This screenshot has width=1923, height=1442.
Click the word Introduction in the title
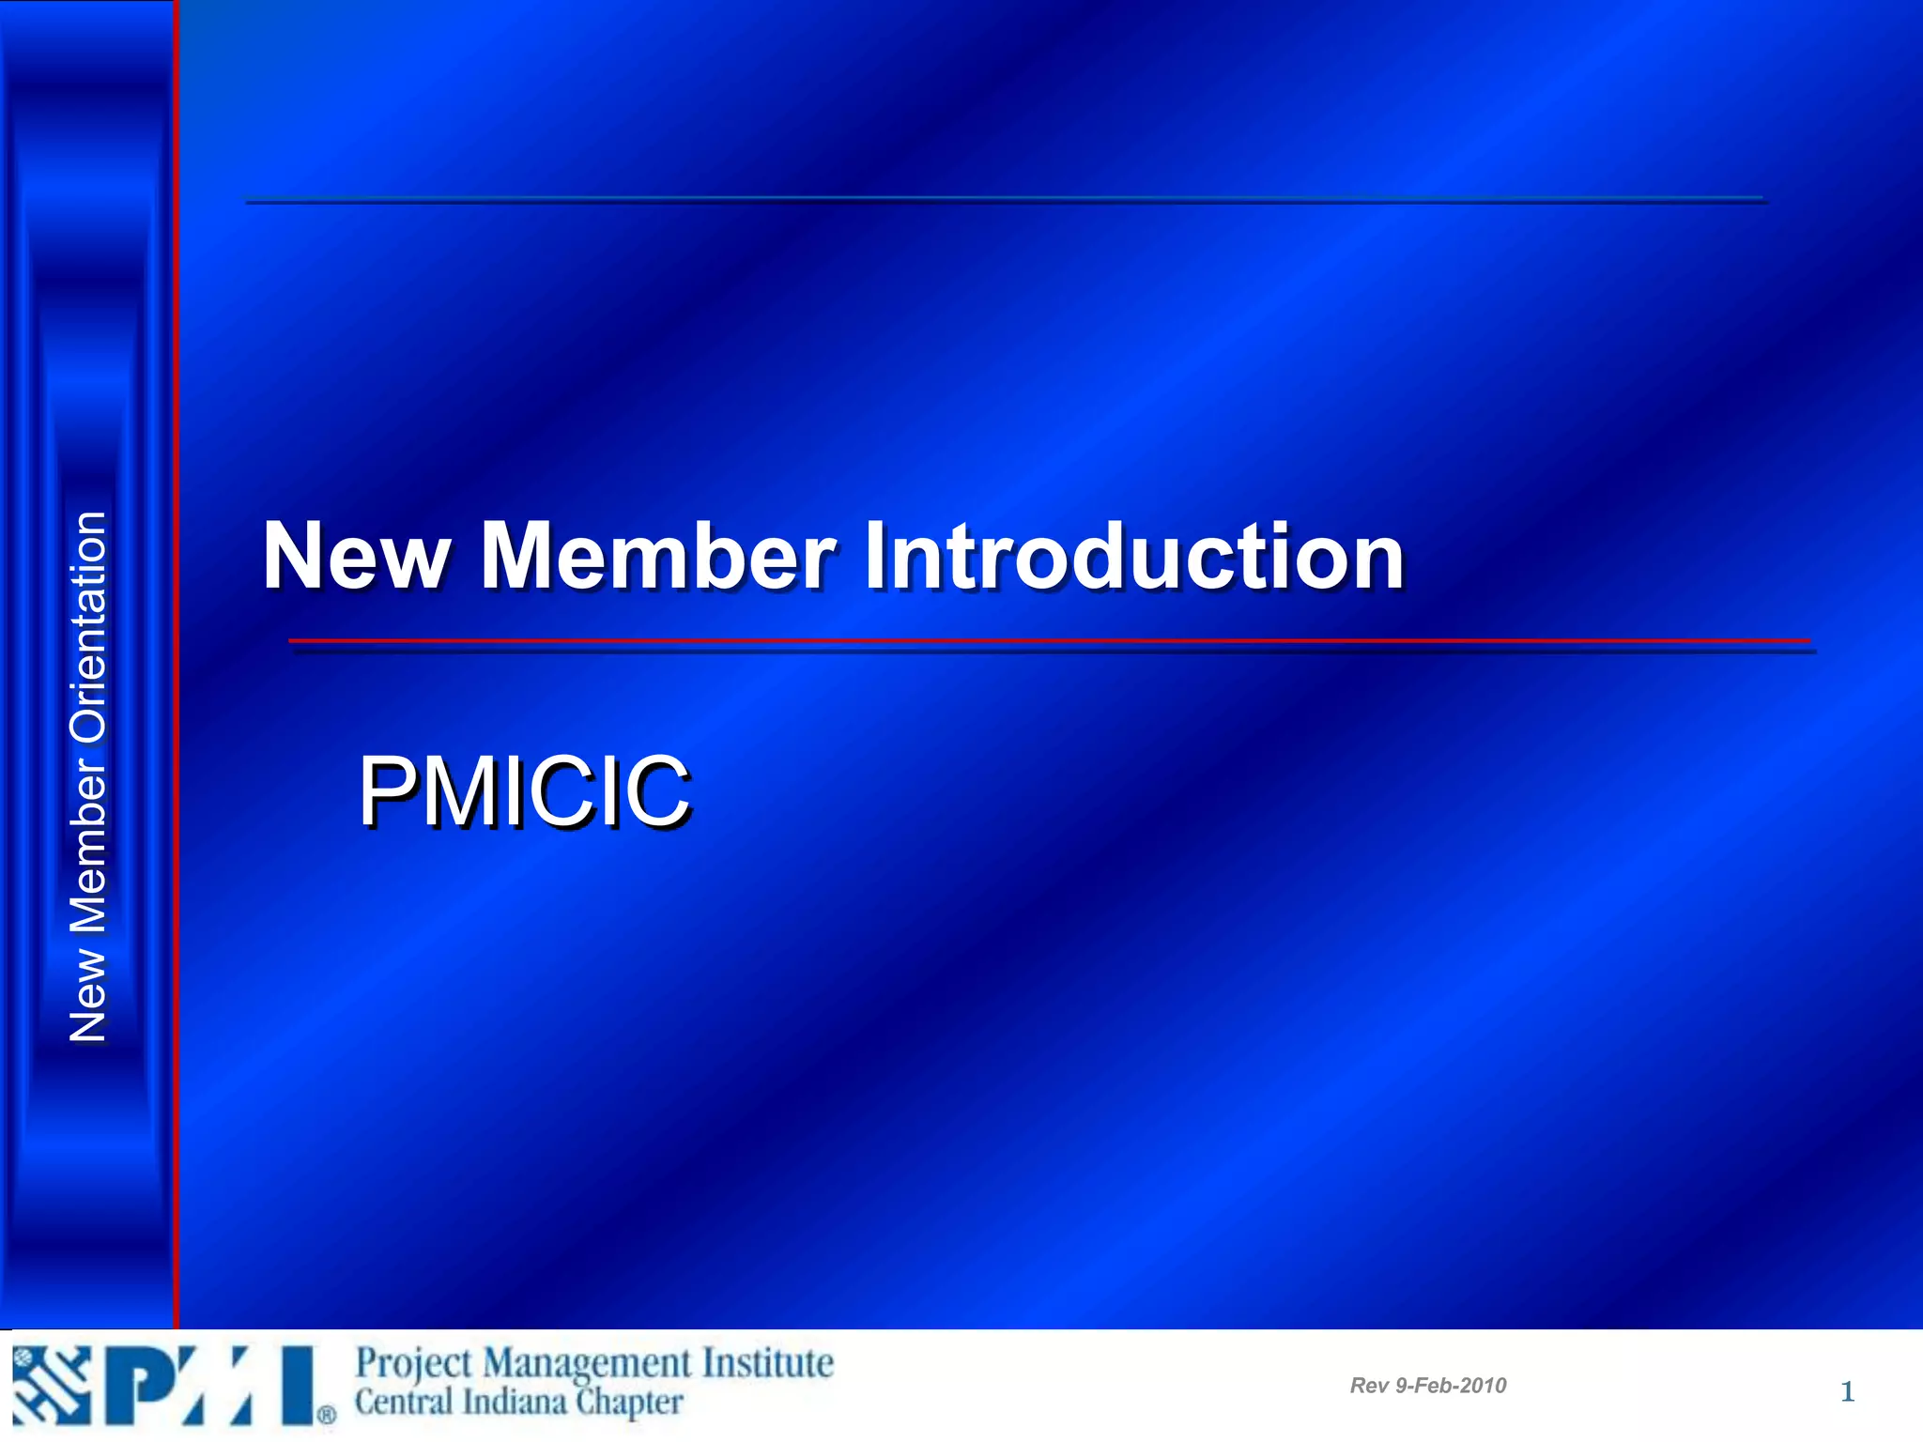1133,557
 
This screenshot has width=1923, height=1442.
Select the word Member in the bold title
657,557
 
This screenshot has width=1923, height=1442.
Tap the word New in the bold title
356,557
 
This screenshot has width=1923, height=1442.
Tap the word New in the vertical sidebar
88,995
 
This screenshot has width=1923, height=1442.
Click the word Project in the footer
413,1364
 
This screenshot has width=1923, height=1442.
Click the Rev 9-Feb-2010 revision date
1427,1386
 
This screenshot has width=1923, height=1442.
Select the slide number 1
1847,1391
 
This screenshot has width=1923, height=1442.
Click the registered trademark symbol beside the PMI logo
326,1415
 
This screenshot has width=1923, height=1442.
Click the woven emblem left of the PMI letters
52,1386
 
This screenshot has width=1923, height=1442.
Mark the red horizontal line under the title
1049,641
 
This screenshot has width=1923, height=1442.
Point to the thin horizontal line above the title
1005,200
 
